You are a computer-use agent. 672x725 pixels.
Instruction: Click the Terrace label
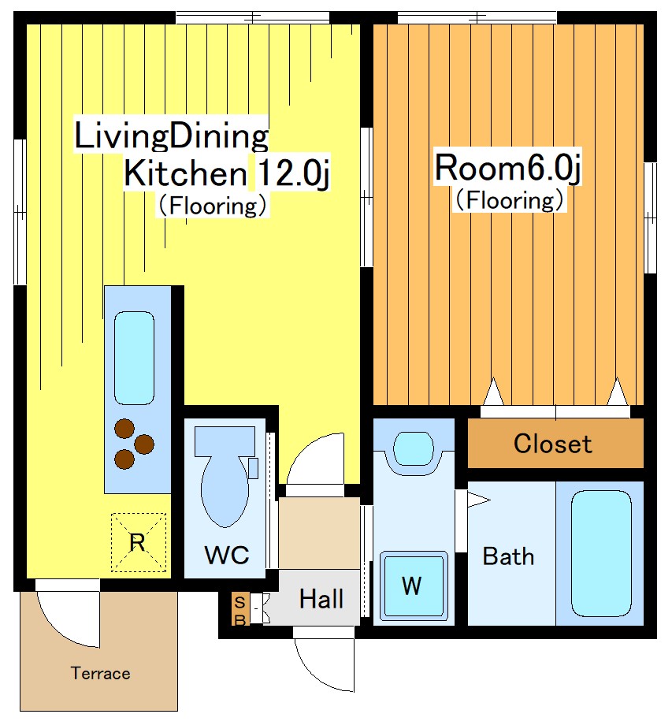pos(100,673)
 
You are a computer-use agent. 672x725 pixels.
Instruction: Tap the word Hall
pos(321,599)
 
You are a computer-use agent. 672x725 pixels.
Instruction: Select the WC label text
pos(226,554)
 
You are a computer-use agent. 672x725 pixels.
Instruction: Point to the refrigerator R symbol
pos(138,542)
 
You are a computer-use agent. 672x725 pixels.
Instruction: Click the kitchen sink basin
pos(134,358)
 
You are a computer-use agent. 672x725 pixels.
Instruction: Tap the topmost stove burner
pos(124,429)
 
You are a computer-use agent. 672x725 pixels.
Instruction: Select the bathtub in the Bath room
pos(601,553)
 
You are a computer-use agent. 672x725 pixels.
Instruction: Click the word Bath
pos(508,556)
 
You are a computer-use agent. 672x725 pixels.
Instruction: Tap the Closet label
pos(553,444)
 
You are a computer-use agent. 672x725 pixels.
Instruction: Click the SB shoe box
pos(240,609)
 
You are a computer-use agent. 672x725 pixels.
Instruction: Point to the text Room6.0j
pos(507,169)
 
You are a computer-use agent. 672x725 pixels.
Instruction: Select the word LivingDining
pos(172,136)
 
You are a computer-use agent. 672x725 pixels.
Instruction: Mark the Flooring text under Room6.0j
pos(510,201)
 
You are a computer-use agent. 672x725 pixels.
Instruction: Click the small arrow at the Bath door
pos(478,500)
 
